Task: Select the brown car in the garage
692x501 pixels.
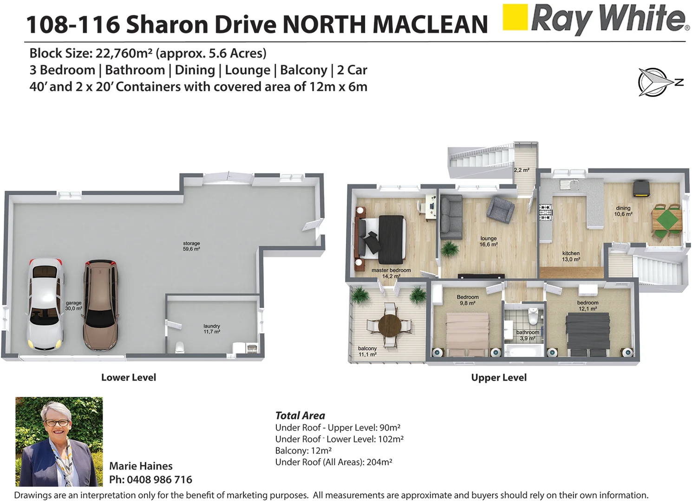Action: pos(100,305)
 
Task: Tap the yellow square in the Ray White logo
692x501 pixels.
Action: pos(516,17)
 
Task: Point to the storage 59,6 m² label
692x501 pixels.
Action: pos(191,246)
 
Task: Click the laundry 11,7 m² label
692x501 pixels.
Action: pos(212,329)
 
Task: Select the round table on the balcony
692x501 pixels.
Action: pos(390,325)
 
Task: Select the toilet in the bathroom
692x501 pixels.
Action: pos(533,316)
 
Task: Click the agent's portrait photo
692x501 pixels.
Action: pos(59,441)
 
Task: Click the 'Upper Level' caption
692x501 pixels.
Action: pos(499,378)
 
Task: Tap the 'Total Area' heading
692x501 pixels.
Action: pos(300,416)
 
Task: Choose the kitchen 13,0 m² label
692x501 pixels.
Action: pos(571,257)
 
